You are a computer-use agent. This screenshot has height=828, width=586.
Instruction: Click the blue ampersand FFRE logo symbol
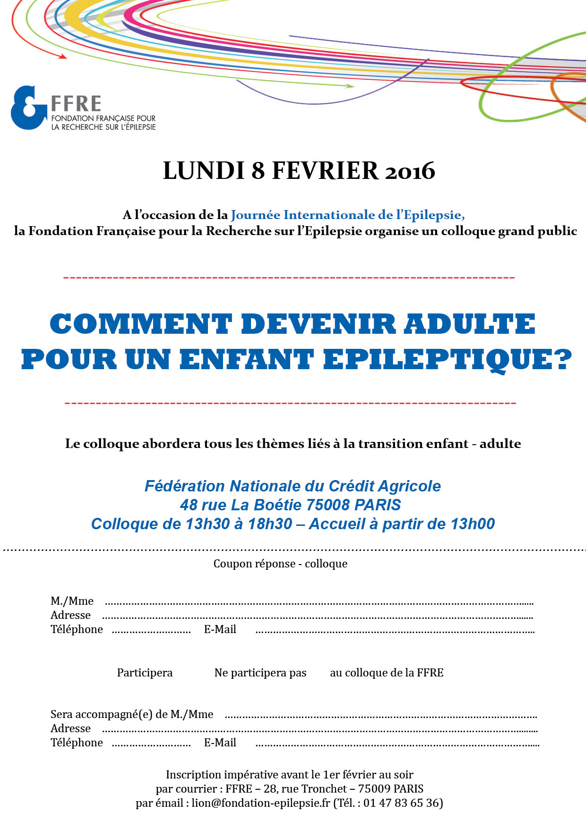[x=28, y=108]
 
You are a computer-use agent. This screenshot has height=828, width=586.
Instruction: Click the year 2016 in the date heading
[x=410, y=171]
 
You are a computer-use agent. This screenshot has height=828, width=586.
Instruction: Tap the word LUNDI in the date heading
[x=204, y=171]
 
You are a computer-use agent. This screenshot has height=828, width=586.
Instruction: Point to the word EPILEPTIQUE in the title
[x=448, y=360]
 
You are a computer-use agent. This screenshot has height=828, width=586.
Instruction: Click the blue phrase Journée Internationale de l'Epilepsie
[x=347, y=215]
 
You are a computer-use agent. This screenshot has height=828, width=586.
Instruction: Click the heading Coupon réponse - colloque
[x=280, y=564]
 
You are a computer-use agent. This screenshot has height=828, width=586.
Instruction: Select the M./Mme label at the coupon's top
[x=72, y=601]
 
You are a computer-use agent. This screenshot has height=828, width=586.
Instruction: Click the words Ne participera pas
[x=260, y=673]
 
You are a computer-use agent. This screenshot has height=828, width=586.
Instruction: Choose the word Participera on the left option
[x=145, y=673]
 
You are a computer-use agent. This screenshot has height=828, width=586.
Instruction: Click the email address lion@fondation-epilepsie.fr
[x=260, y=803]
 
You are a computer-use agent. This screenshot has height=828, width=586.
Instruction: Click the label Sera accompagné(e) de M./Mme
[x=132, y=714]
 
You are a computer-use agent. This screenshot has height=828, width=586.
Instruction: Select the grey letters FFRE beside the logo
[x=76, y=104]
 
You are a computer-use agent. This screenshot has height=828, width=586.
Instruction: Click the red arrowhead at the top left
[x=62, y=56]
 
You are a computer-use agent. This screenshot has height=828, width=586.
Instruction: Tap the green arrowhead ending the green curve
[x=350, y=86]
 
